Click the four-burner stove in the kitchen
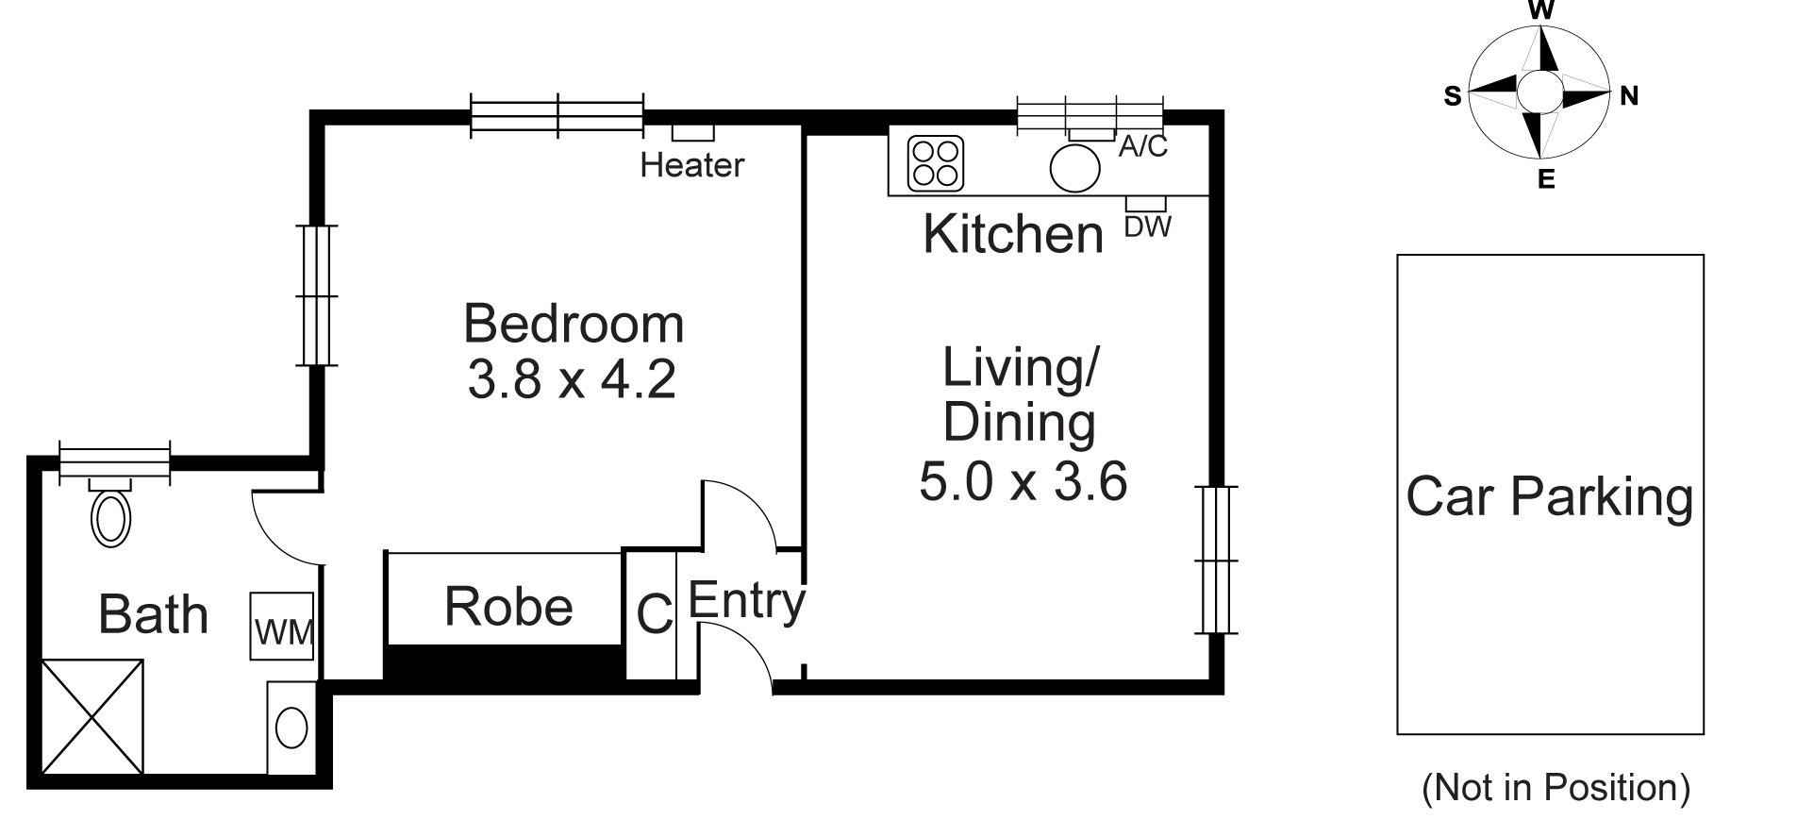coord(935,162)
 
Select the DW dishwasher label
coord(1148,227)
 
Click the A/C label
coord(1142,147)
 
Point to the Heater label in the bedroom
coord(691,166)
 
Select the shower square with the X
coord(92,717)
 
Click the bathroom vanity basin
coord(291,728)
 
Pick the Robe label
coord(508,607)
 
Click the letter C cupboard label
coord(654,614)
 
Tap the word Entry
coord(746,601)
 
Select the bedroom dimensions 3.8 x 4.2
coord(572,379)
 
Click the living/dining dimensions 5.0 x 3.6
coord(1023,481)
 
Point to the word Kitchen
coord(1012,234)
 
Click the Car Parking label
coord(1549,496)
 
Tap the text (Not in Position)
coord(1556,787)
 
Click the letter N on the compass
coord(1628,95)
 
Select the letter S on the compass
coord(1453,96)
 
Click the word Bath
coord(153,614)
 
